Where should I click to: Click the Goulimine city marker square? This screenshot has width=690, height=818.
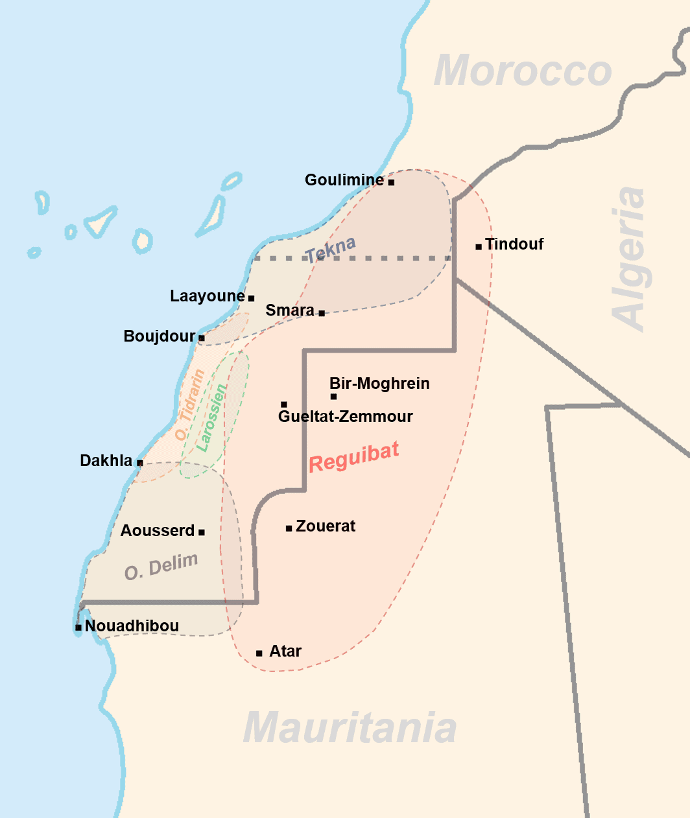coord(391,182)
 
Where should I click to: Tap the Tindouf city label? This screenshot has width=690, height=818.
coord(514,244)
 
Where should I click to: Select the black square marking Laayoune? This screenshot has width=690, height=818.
coord(251,299)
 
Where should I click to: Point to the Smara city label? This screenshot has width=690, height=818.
coord(290,310)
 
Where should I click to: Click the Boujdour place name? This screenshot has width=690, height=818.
coord(160,336)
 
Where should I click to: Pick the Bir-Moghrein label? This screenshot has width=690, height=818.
coord(379,384)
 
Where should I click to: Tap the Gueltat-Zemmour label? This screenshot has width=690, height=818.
coord(345,417)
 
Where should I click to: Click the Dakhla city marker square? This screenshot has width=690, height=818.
coord(139,463)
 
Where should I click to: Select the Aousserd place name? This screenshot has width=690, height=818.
coord(158,531)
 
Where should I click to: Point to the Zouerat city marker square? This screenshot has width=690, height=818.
coord(289,528)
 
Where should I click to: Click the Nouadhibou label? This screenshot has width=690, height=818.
coord(132,626)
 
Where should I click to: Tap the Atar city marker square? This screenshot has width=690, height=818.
coord(259,653)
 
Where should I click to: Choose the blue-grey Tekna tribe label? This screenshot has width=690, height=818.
coord(331,250)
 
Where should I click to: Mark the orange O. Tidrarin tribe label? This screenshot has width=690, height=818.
coord(190,405)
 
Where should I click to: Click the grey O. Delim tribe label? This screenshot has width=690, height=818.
coord(161,567)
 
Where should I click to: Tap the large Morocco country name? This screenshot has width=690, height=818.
coord(523,71)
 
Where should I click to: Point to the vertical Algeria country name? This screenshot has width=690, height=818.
coord(629,259)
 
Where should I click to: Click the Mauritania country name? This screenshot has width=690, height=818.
coord(350,728)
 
